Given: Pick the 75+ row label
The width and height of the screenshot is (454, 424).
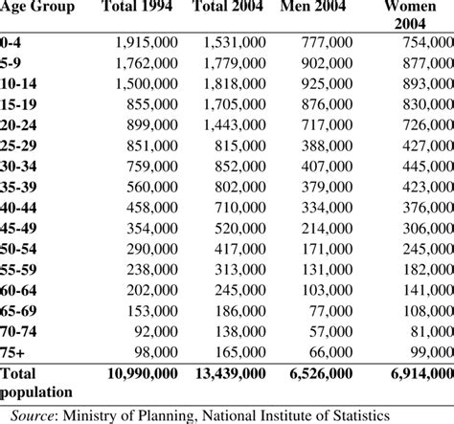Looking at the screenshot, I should click(x=14, y=352).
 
